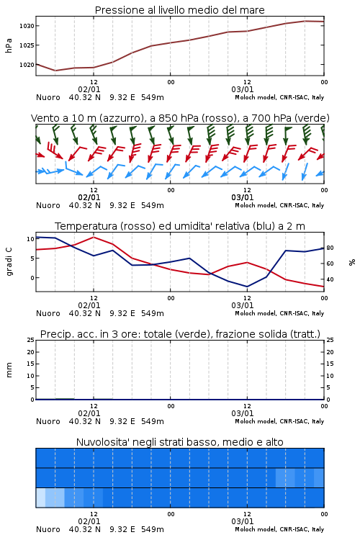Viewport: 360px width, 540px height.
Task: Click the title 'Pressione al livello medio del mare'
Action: click(179, 10)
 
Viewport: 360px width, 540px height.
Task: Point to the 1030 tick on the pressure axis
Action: click(27, 26)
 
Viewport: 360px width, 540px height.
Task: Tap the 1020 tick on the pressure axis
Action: click(27, 64)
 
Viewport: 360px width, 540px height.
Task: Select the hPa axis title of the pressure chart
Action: click(9, 45)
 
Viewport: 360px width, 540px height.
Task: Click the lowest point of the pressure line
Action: click(55, 71)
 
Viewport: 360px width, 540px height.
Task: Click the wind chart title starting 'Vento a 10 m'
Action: click(180, 118)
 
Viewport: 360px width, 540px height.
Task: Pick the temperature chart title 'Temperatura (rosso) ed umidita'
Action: click(180, 226)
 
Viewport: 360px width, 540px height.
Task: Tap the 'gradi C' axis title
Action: click(9, 262)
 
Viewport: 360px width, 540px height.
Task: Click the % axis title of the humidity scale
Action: click(352, 262)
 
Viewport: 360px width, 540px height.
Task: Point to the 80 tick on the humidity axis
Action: click(330, 248)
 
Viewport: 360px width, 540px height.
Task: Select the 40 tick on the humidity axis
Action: click(330, 279)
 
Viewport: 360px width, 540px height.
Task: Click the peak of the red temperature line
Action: click(94, 237)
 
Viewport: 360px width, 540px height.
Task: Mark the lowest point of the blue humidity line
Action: click(247, 287)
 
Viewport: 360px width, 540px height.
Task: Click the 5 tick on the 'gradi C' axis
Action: click(32, 258)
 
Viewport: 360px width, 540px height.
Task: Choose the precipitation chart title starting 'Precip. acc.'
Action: click(180, 334)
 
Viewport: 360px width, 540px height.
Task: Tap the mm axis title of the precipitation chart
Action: click(9, 370)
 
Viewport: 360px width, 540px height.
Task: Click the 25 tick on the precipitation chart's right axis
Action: click(330, 340)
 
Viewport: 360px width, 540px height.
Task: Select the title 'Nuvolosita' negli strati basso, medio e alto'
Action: click(180, 442)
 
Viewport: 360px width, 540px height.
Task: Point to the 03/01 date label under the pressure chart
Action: click(242, 89)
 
